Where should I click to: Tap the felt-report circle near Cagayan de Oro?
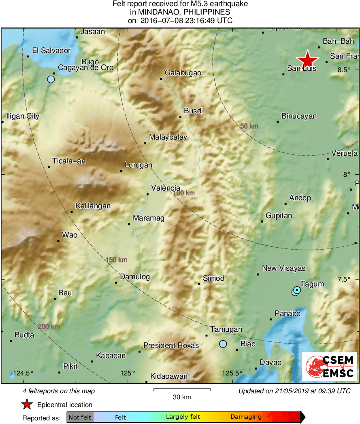[51, 79]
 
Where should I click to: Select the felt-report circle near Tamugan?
[223, 344]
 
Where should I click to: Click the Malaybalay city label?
[168, 137]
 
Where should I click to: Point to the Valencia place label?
[166, 188]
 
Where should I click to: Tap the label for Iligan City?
[23, 117]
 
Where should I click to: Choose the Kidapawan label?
[169, 377]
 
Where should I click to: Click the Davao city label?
[271, 363]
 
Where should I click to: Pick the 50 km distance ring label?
[249, 126]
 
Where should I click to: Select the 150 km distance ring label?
[117, 260]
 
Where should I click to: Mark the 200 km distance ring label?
[49, 327]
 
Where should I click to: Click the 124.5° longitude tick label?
[23, 373]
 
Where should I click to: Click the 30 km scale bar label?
[182, 397]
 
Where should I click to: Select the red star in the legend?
[27, 404]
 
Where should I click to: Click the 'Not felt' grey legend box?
[80, 417]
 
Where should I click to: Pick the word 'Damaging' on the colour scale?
[246, 417]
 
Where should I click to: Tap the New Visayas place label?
[283, 268]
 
